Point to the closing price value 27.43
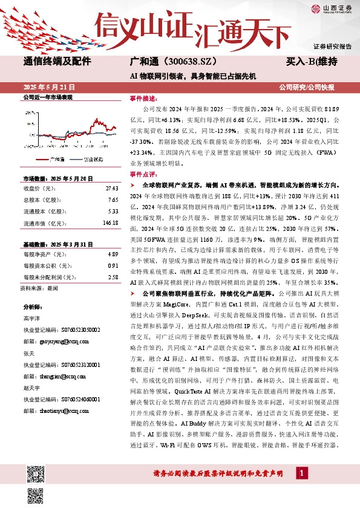click(x=111, y=189)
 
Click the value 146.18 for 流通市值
click(x=110, y=223)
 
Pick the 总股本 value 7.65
click(x=113, y=200)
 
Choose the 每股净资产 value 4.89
click(x=113, y=255)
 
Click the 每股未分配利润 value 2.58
click(x=113, y=277)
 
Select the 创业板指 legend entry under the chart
click(x=91, y=160)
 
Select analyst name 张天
click(x=28, y=353)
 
